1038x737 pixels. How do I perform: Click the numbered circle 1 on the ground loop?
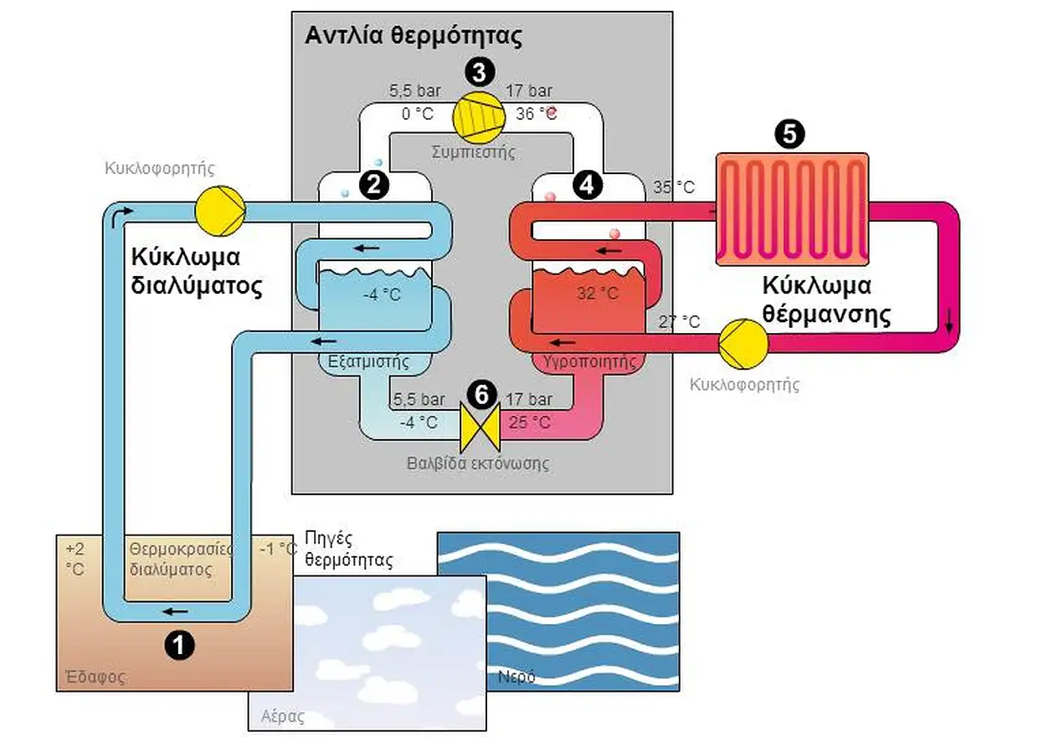179,643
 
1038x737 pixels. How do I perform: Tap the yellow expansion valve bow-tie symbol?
480,426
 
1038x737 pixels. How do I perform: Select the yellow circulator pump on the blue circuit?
219,209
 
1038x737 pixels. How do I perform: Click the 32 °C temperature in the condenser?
598,294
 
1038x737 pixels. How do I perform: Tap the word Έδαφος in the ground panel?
95,677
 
